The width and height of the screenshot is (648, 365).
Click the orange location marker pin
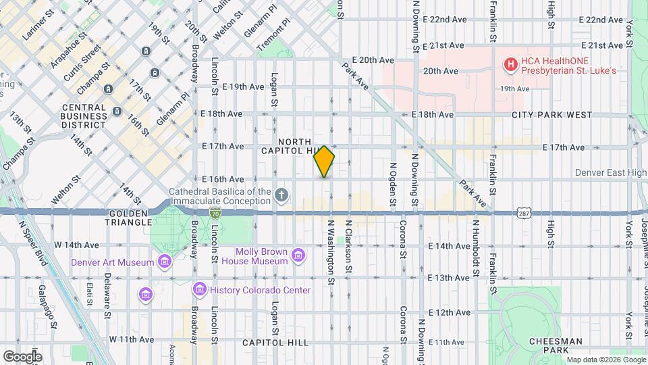[324, 162]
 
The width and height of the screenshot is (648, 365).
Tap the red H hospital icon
[511, 64]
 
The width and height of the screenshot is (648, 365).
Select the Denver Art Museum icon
[164, 262]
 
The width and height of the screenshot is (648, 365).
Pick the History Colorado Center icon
[199, 290]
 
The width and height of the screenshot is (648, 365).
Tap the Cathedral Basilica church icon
[281, 196]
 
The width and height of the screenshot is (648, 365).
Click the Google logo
[22, 356]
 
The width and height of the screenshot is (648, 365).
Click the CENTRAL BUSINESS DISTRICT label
[84, 116]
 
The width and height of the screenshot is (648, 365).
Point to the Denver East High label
[610, 173]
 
